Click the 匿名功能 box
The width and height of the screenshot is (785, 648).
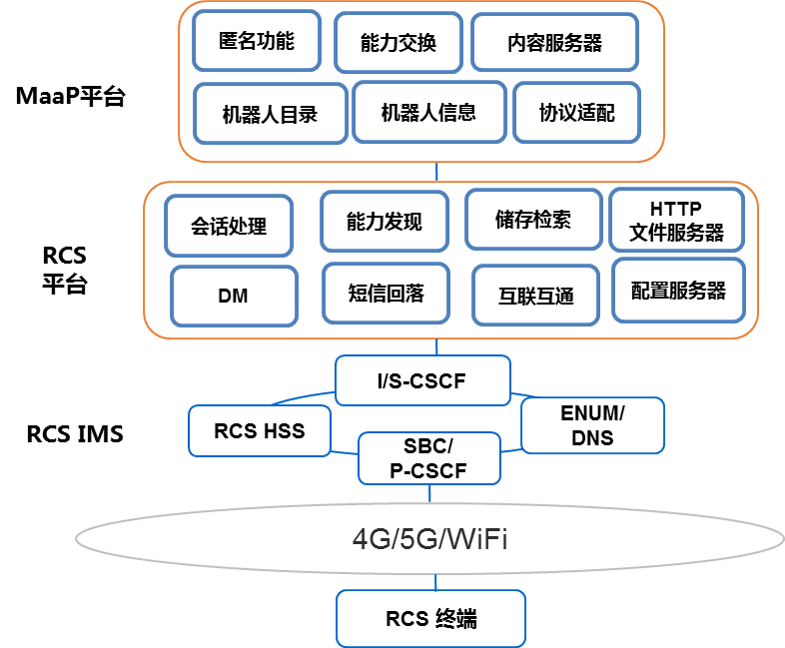point(257,41)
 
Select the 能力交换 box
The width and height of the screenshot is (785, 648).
point(398,43)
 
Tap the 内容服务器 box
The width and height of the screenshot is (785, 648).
point(554,43)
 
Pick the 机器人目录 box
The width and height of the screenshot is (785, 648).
point(270,114)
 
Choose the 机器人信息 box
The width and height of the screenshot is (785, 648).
point(428,112)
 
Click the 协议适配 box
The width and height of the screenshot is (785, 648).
point(576,113)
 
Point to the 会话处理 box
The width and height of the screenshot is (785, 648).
point(230,226)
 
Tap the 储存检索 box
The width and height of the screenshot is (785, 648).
point(533,220)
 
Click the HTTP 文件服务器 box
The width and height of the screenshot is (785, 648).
point(676,221)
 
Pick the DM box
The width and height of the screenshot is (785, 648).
point(234,296)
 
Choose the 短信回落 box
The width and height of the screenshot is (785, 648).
point(386,294)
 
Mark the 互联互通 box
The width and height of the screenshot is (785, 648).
point(536,296)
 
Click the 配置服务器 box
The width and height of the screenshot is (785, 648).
point(678,291)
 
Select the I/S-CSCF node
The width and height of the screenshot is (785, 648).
point(421,380)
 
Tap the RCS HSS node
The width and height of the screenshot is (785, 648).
point(260,431)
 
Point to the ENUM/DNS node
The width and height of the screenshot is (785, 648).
point(592,425)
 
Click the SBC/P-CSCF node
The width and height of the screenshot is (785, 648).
point(428,458)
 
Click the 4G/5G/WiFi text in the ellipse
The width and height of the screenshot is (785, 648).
point(430,540)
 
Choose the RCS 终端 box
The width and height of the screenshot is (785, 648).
point(430,619)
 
